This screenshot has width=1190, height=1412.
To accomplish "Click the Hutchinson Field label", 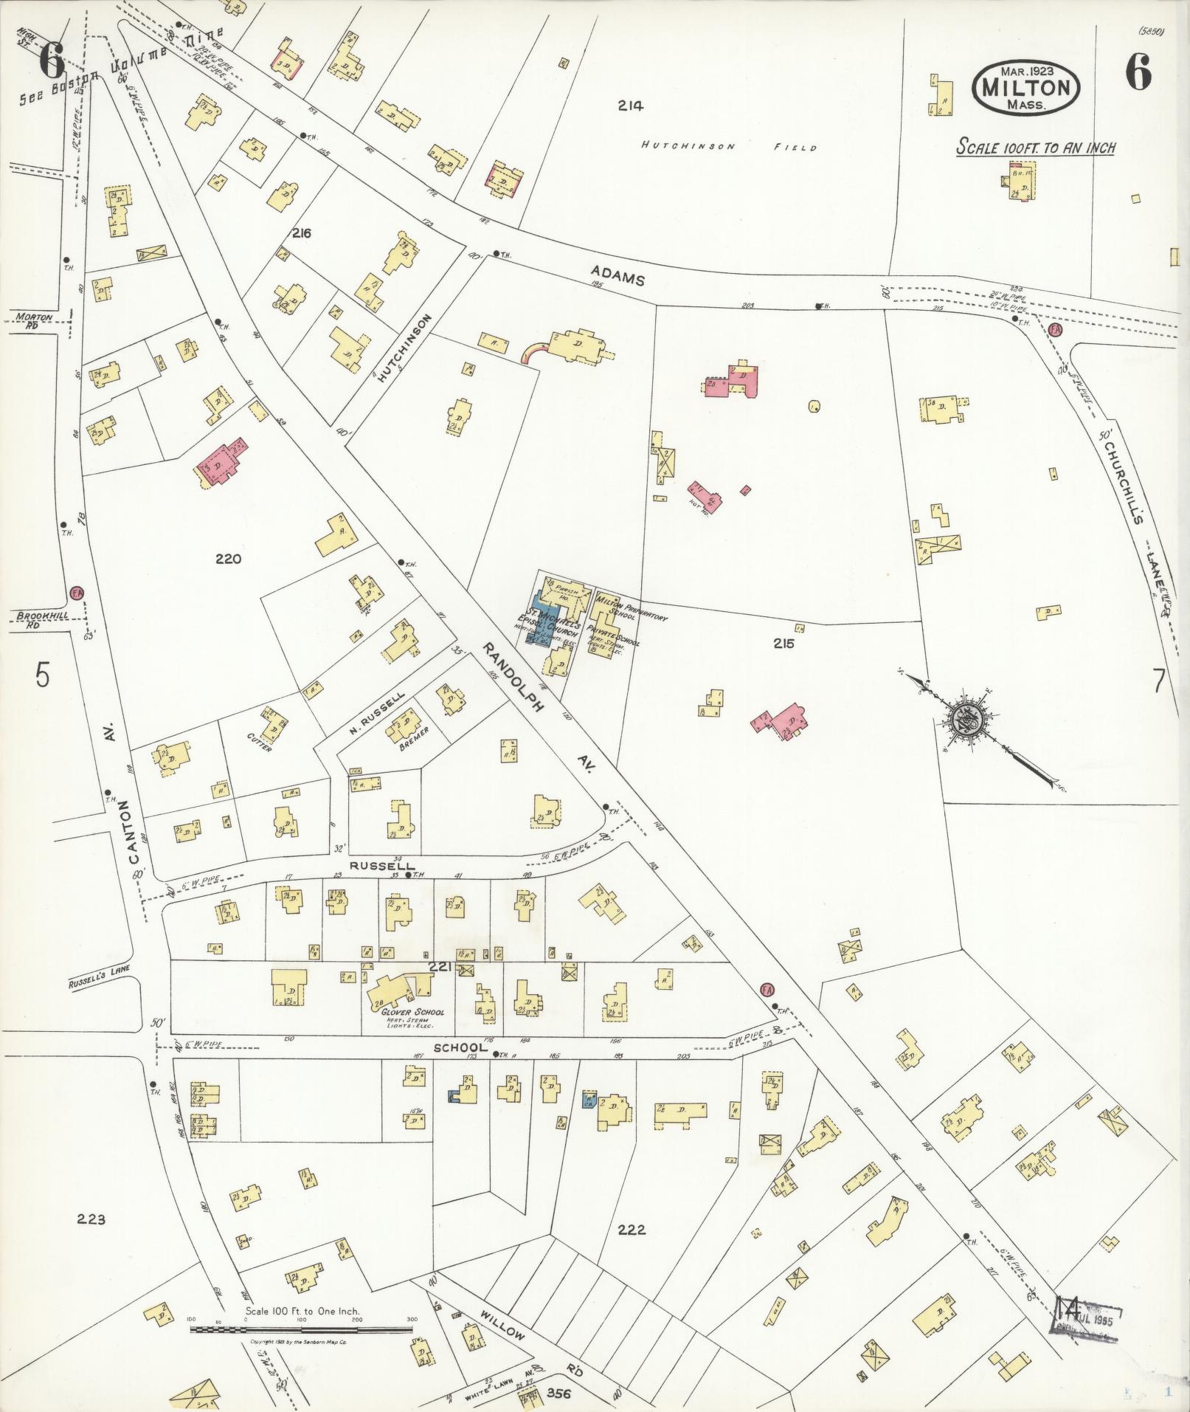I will tap(729, 147).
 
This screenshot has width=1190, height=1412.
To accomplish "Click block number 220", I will tap(229, 559).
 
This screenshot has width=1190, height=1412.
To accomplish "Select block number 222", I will tap(632, 1229).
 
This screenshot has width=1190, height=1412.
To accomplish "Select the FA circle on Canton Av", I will tap(76, 593).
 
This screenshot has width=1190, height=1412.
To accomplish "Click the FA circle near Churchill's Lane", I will tap(1054, 330).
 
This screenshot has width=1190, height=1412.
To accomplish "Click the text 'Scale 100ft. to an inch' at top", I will tap(1035, 147).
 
